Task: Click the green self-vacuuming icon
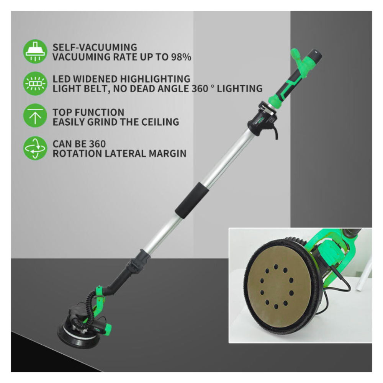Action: pos(35,51)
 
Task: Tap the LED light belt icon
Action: pos(35,83)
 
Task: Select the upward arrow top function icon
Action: pos(35,116)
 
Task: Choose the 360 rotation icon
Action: pos(35,148)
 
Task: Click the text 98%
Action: pos(181,57)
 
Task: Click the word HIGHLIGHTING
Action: pos(155,79)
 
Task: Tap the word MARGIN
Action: pos(168,154)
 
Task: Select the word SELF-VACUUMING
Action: pos(95,47)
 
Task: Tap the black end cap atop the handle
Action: pos(316,55)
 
